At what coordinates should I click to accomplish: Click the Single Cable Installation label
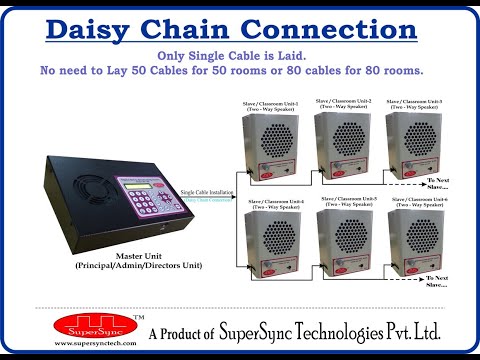coord(204,190)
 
